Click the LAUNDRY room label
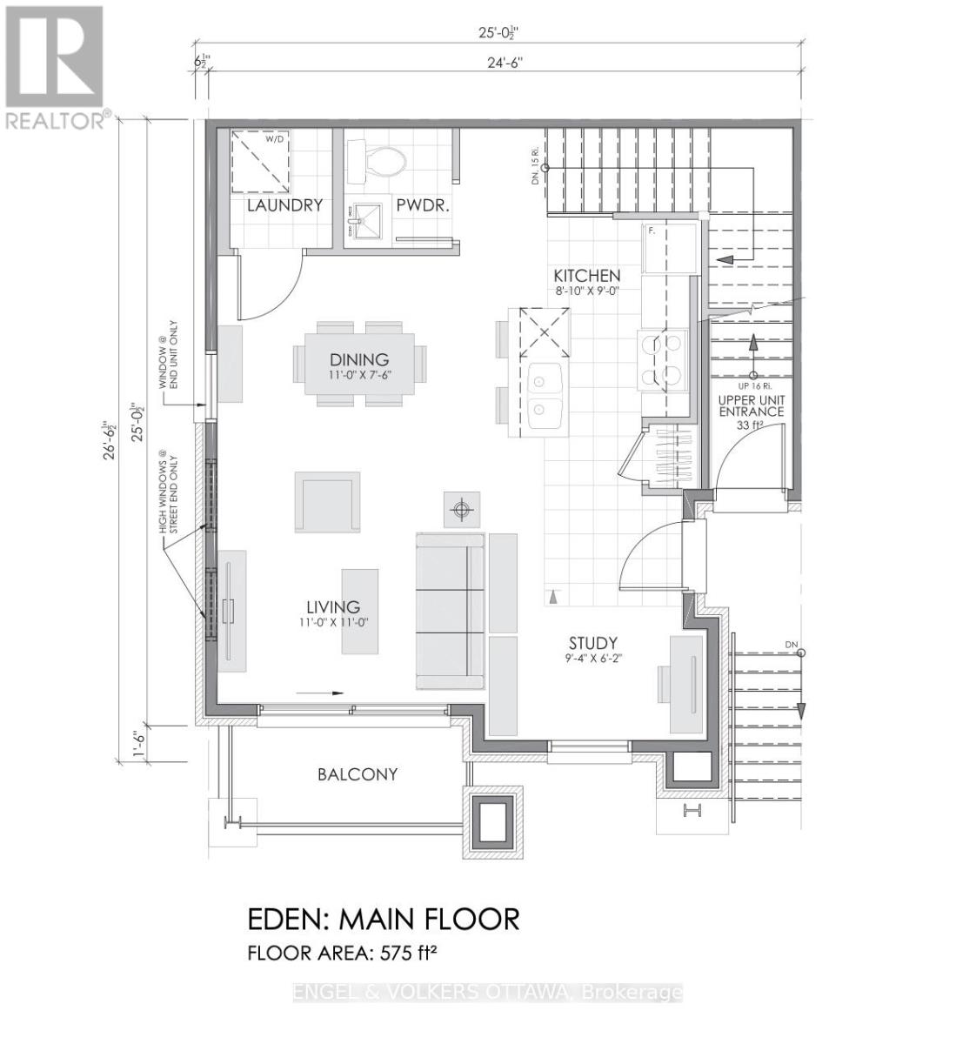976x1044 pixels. click(284, 206)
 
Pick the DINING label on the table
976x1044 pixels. click(358, 359)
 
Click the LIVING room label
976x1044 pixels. click(332, 607)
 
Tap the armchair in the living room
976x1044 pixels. click(327, 502)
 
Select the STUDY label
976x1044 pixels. click(593, 644)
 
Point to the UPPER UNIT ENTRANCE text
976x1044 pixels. click(751, 405)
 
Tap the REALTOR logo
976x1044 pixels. click(55, 67)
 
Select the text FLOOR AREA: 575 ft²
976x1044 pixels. click(342, 953)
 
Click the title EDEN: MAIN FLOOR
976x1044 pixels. click(384, 919)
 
